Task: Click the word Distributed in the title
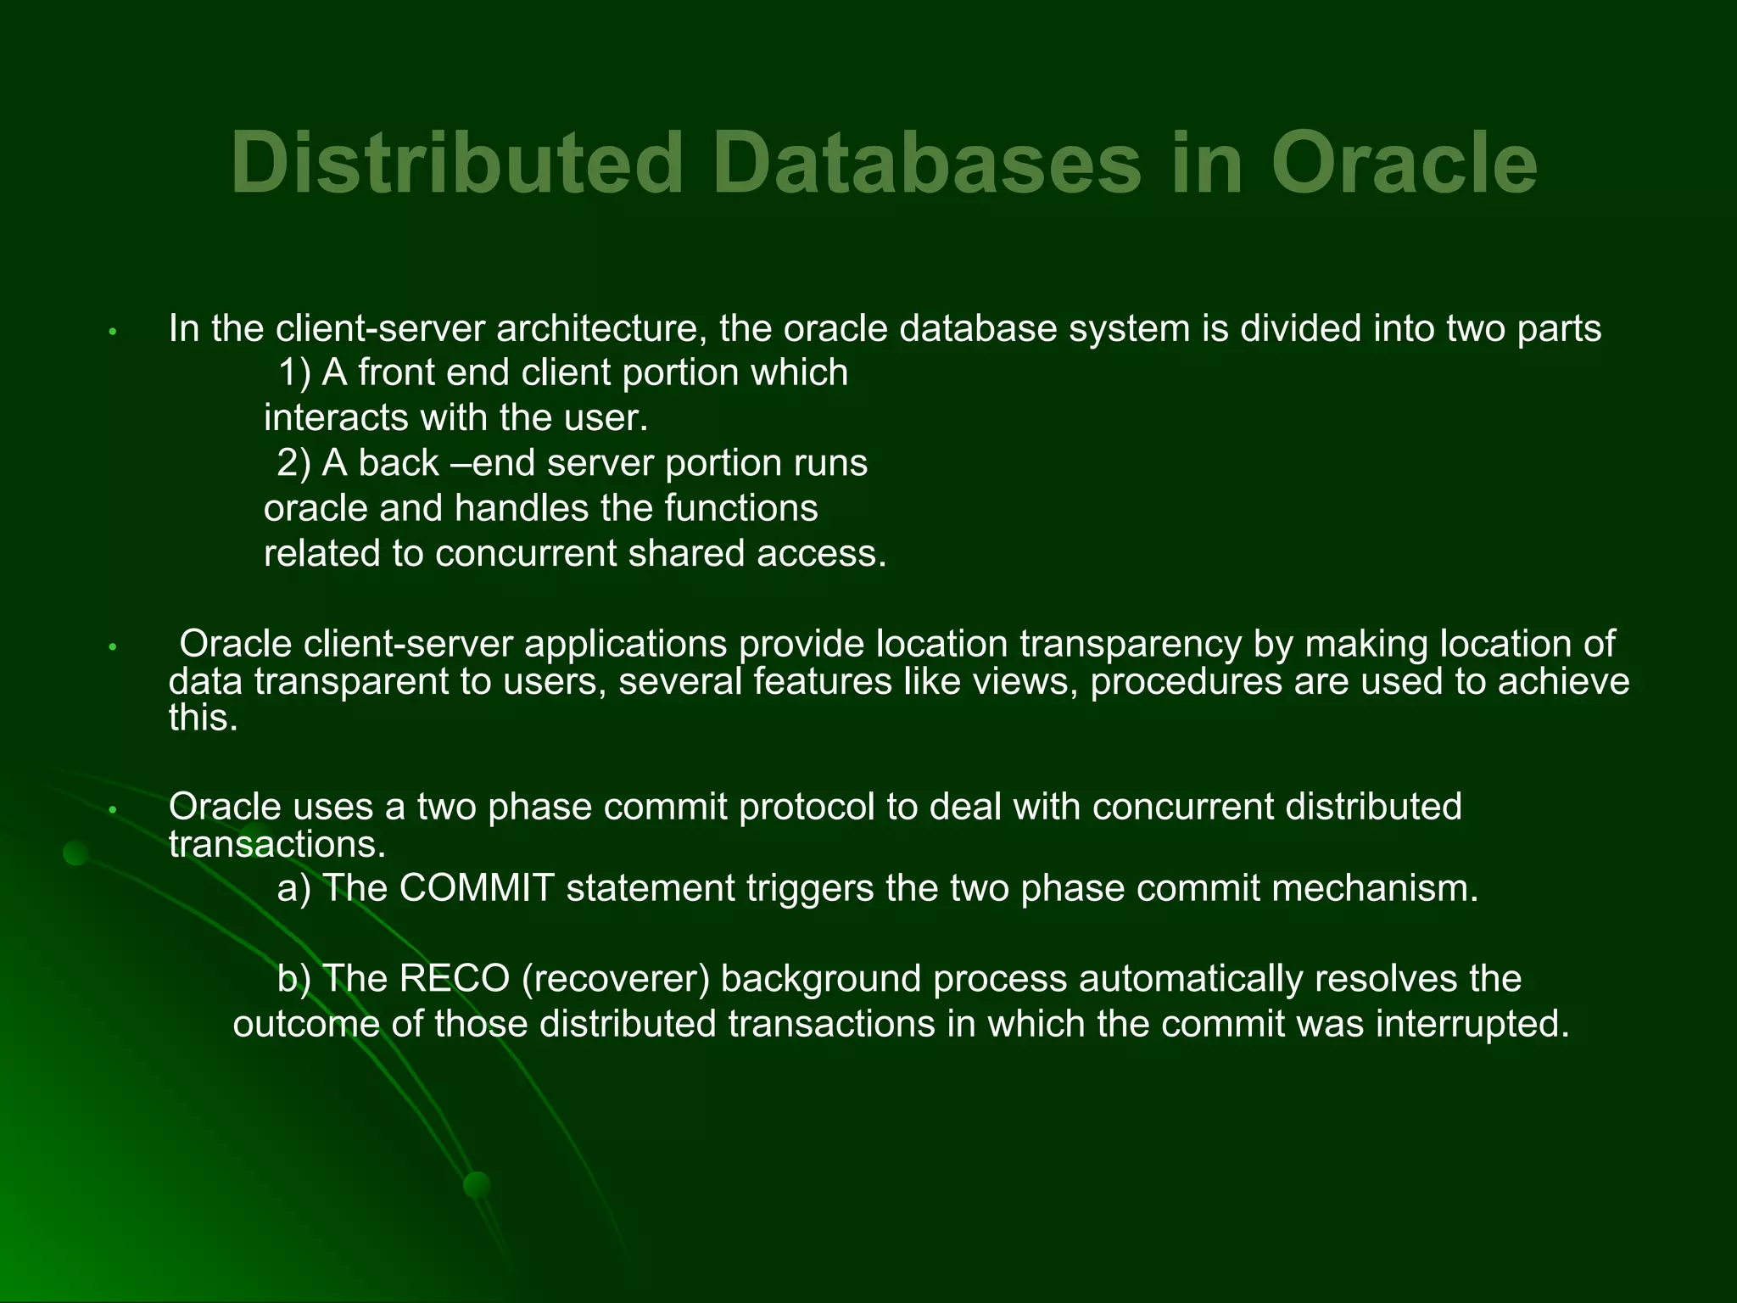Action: point(457,163)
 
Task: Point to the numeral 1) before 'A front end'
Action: point(294,373)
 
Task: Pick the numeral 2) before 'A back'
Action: point(293,463)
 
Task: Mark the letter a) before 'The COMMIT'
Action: point(293,889)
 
